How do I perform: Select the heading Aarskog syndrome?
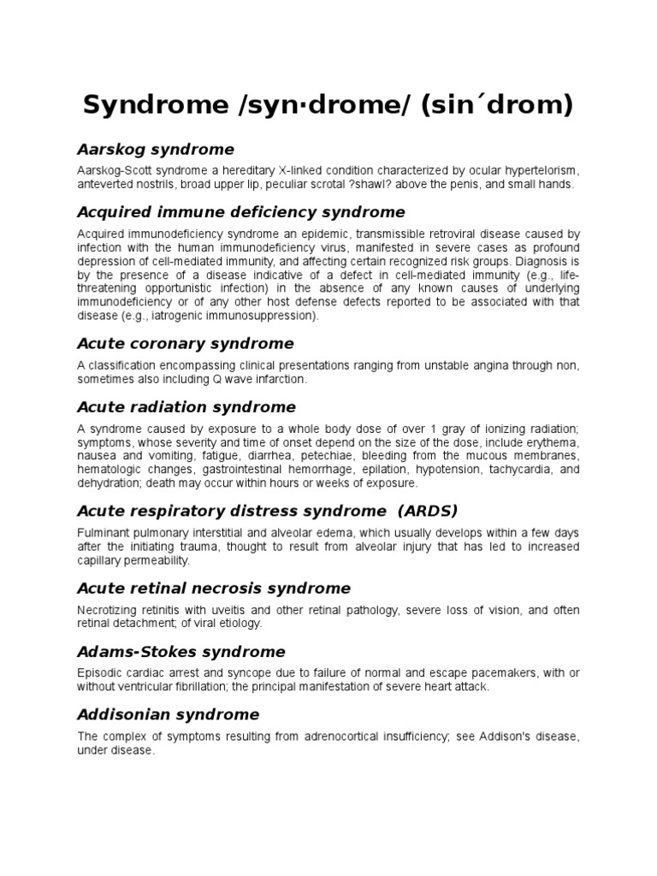point(156,150)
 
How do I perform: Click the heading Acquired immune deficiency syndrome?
point(241,211)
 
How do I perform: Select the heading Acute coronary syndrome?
point(186,343)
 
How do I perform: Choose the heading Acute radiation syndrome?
point(186,406)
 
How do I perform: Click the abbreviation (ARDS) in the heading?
point(425,511)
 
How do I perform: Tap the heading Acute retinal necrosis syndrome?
point(214,588)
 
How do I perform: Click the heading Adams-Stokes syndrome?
point(181,651)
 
